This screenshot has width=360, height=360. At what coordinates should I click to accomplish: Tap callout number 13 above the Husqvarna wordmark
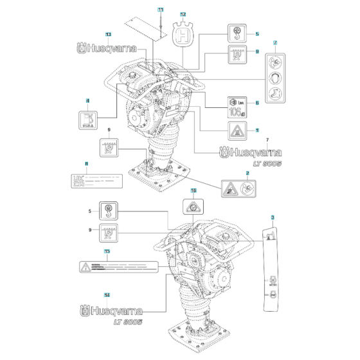coord(107,33)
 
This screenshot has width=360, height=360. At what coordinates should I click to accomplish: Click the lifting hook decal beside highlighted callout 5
coord(236,33)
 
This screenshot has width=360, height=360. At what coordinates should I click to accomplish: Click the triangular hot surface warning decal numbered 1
coord(236,130)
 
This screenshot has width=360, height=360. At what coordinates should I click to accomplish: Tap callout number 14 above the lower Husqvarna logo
coord(107,295)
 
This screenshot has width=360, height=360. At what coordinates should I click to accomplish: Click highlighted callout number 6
coord(256,102)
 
